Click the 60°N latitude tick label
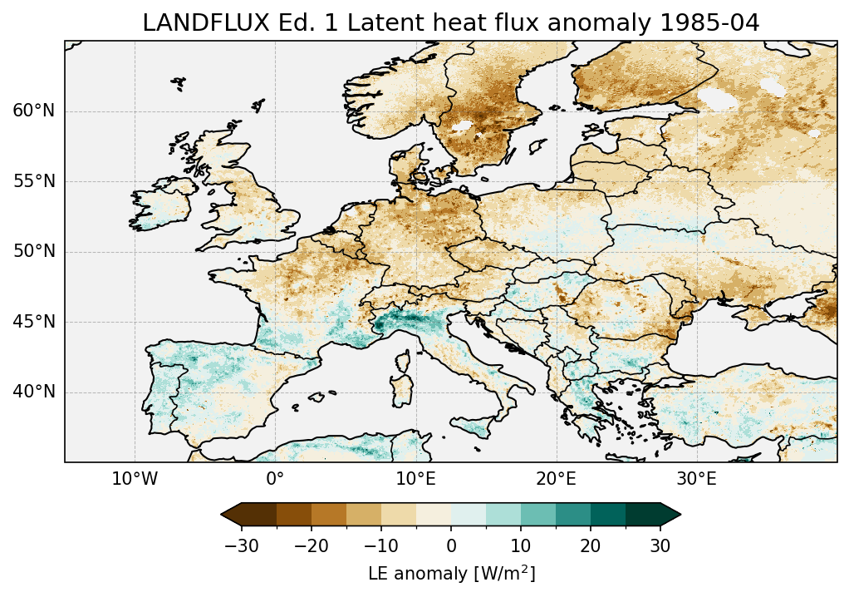34,111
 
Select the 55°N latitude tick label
34,181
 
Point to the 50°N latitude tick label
34,252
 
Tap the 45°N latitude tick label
34,322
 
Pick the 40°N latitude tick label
34,392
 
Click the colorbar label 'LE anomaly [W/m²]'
451,574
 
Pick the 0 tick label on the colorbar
451,545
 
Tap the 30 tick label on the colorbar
660,545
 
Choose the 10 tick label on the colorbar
521,545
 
